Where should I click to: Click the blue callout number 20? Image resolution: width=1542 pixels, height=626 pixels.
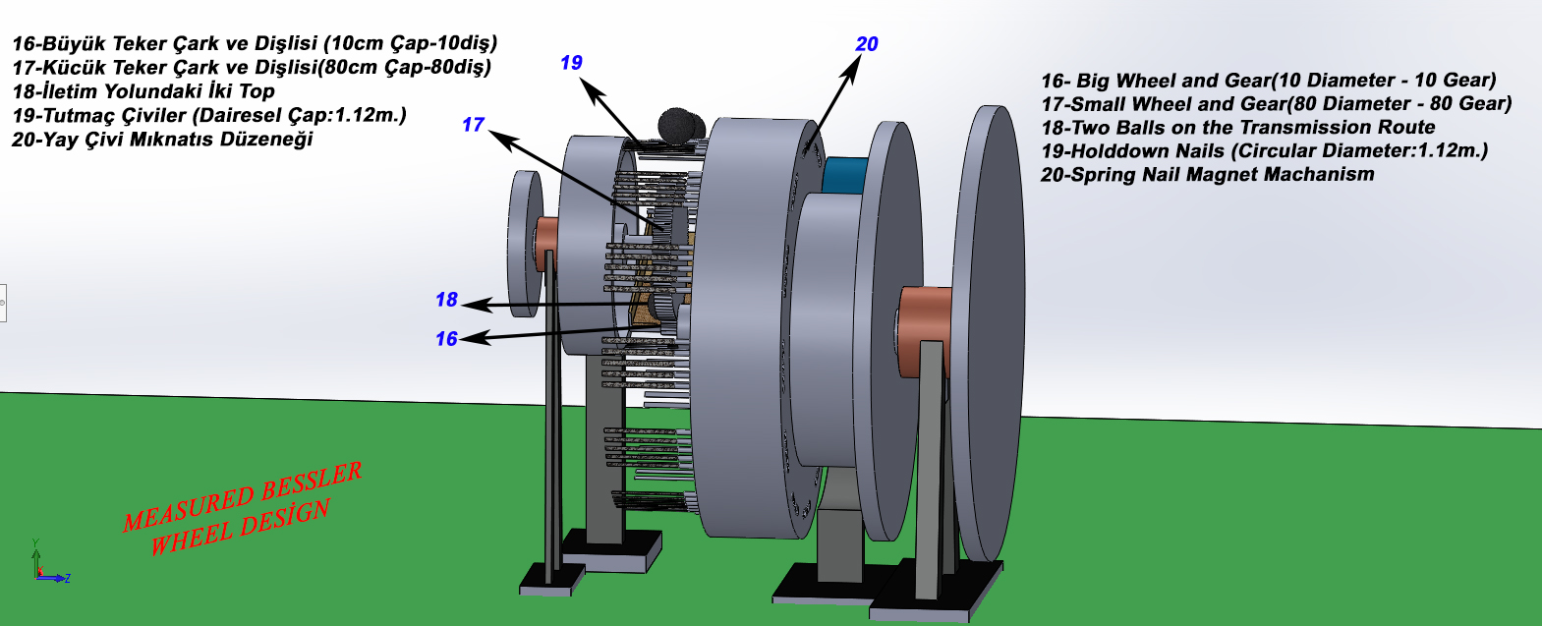click(867, 44)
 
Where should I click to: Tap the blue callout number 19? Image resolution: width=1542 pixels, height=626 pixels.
click(571, 63)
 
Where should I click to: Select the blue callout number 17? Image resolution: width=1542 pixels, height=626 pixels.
click(473, 125)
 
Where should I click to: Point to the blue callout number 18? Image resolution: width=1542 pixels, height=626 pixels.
click(446, 300)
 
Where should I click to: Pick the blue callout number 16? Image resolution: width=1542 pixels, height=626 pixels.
click(446, 339)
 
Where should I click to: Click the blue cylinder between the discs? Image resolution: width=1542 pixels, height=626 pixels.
click(844, 175)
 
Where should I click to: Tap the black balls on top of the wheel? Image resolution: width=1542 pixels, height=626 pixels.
click(681, 126)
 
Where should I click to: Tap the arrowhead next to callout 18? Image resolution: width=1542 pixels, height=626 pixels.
click(480, 305)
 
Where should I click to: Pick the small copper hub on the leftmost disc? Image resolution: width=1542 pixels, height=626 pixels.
click(547, 243)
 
